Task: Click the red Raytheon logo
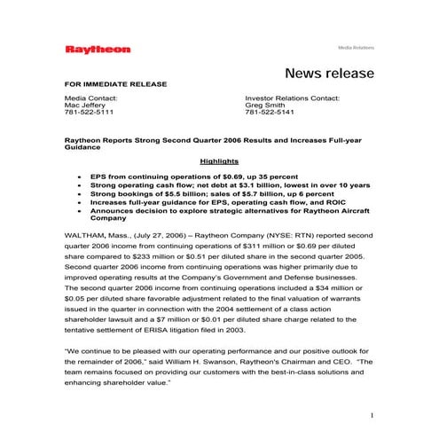(x=98, y=50)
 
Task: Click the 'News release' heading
(x=330, y=73)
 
